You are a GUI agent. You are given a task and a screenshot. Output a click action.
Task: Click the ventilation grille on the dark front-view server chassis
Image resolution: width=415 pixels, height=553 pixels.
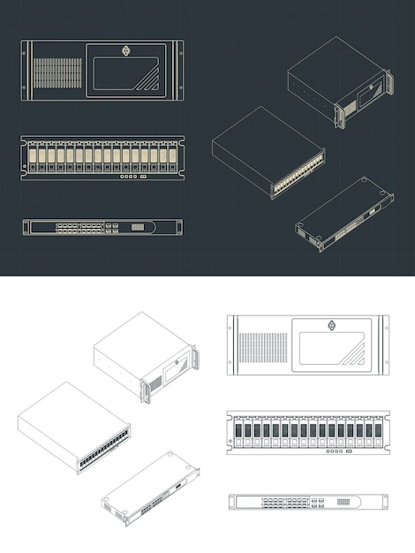click(58, 72)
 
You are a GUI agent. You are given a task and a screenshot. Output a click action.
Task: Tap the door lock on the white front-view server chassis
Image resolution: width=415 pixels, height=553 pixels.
click(330, 324)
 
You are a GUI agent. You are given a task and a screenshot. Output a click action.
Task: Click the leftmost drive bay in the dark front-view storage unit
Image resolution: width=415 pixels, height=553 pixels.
click(32, 157)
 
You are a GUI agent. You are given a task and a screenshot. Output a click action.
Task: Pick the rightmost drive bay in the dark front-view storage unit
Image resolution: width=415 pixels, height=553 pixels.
click(171, 157)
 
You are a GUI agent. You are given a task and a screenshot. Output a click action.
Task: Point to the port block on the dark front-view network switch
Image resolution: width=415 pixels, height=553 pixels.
click(80, 227)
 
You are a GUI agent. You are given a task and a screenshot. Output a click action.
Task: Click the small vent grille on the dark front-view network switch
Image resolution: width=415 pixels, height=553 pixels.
click(138, 227)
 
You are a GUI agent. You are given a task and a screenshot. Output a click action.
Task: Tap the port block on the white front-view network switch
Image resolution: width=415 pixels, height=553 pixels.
click(284, 502)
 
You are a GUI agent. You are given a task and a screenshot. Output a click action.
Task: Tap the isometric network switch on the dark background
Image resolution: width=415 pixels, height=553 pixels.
click(344, 214)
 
